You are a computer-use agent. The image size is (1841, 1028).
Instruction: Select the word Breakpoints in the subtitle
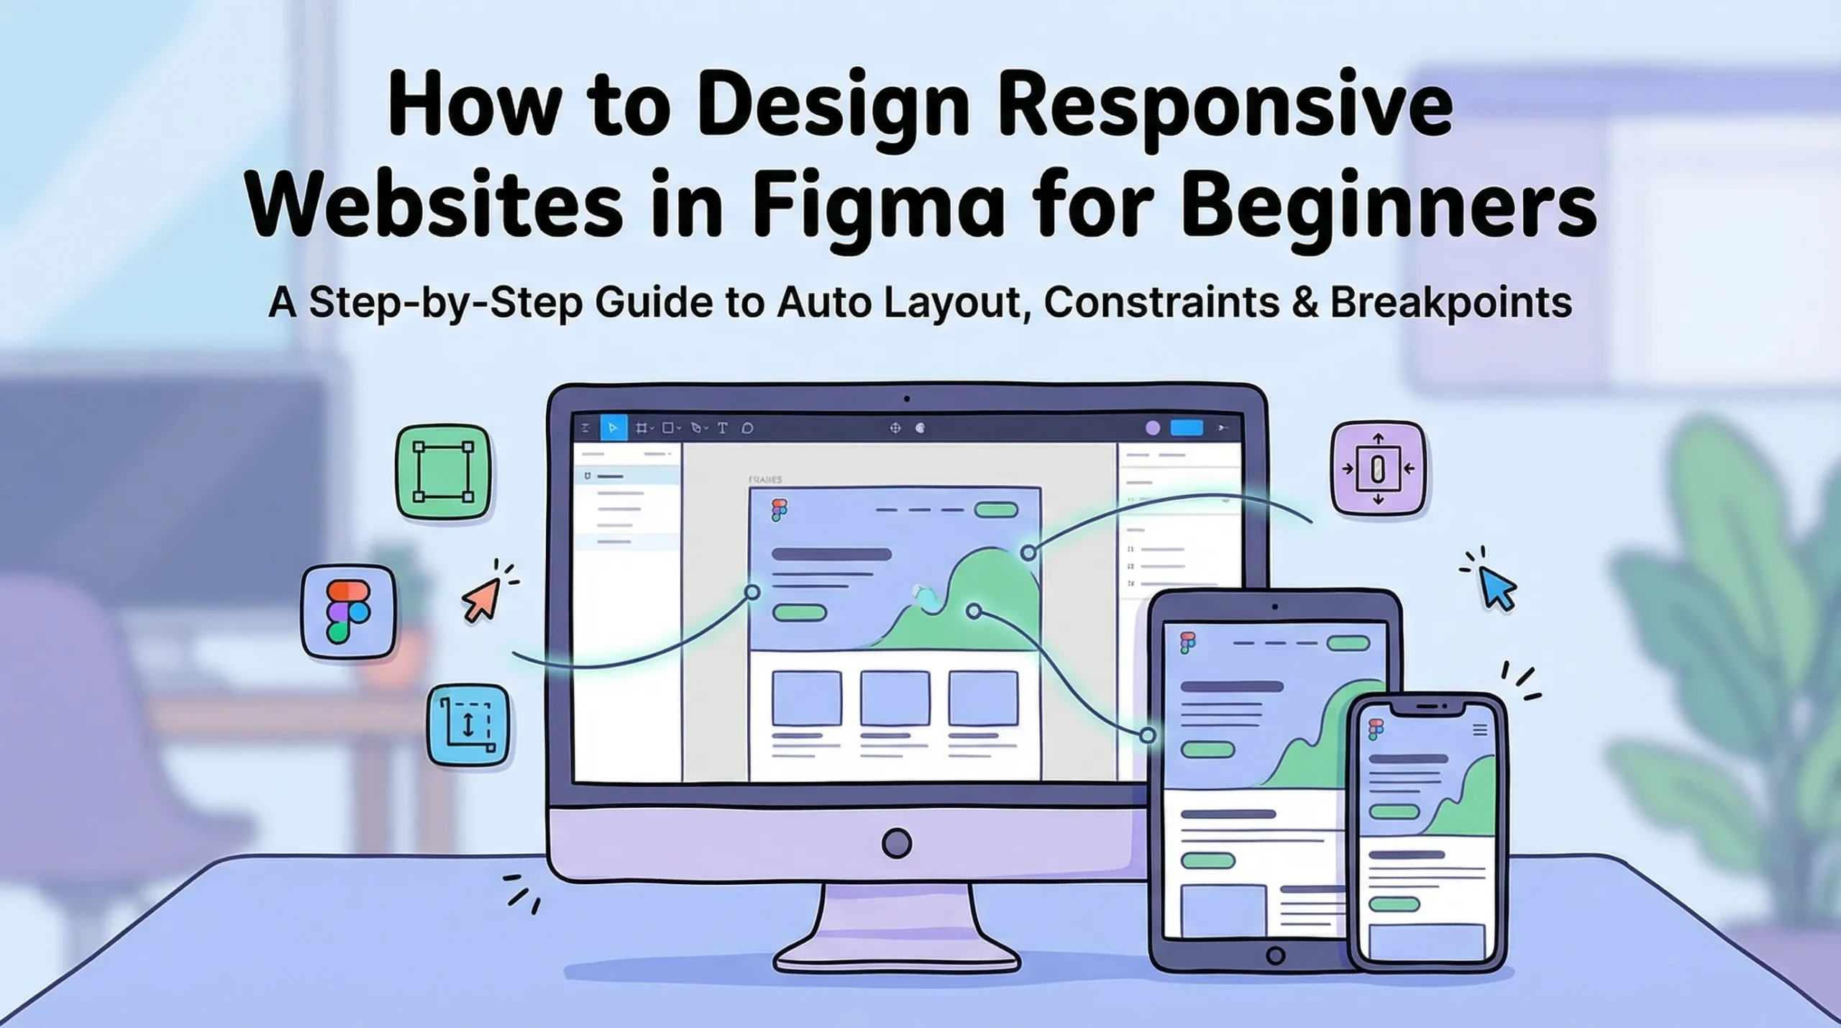click(1451, 302)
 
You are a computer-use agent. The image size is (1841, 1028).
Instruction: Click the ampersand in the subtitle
click(1305, 302)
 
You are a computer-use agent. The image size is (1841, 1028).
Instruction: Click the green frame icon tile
click(443, 472)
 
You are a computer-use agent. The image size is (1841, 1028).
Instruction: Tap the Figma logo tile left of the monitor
click(349, 611)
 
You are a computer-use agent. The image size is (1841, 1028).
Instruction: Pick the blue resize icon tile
click(468, 725)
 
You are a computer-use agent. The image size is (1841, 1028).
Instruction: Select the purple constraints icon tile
click(1378, 469)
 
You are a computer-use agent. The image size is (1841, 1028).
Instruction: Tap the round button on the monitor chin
click(897, 843)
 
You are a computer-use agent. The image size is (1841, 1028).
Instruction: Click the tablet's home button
click(1275, 956)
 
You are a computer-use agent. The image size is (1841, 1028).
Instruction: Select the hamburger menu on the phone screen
click(1480, 731)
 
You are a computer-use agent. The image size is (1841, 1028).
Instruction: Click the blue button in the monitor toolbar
click(1187, 428)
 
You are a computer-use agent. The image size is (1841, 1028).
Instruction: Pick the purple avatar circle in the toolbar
click(1152, 428)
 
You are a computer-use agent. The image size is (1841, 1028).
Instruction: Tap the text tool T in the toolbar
click(723, 428)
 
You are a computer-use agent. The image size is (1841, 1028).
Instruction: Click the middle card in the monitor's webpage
click(895, 698)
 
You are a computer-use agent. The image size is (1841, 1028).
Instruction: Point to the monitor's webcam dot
click(907, 399)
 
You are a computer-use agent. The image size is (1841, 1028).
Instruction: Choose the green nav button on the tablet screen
click(1348, 643)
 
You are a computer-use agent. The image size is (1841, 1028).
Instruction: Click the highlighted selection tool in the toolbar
click(613, 428)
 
